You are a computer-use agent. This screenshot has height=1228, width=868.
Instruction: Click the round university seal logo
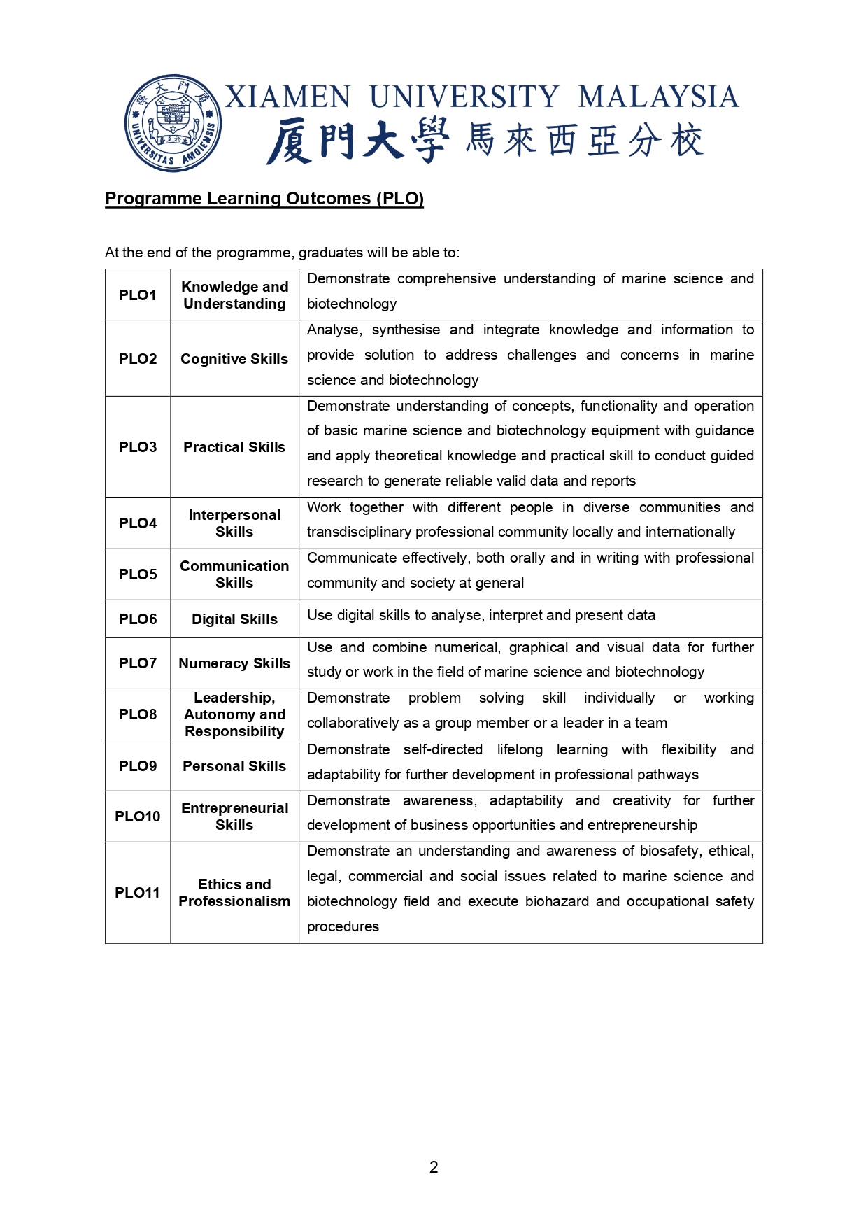[173, 123]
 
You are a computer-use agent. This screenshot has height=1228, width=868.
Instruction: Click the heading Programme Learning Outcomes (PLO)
[264, 199]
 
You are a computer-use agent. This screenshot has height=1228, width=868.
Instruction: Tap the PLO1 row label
[138, 295]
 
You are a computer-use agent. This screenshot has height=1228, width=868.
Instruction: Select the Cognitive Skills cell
[234, 359]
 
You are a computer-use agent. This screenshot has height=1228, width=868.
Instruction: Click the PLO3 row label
[138, 447]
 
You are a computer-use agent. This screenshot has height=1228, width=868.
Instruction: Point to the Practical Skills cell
[234, 447]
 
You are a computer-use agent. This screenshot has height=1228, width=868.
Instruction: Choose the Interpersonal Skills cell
[234, 523]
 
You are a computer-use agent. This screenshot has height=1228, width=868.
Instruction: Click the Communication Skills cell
[234, 574]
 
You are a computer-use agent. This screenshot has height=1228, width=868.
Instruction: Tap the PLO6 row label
[138, 619]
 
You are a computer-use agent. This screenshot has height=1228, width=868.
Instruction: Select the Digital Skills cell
[234, 619]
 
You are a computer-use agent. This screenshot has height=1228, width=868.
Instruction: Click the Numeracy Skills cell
[234, 663]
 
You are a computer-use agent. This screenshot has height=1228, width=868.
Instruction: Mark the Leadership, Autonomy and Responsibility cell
[234, 714]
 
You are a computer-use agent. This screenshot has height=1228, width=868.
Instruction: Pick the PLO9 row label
[138, 766]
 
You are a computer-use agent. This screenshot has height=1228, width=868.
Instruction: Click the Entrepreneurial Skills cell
[234, 817]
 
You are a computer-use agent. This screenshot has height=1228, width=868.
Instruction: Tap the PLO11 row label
[138, 893]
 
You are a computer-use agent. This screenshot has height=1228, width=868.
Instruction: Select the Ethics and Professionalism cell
[234, 893]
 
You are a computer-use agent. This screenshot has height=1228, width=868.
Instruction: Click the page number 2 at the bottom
[434, 1167]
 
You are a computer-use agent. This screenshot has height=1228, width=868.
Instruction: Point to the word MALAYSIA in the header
[658, 97]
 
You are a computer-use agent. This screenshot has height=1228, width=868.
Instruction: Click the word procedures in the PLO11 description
[343, 926]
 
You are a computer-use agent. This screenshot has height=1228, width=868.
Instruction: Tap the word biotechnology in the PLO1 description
[352, 304]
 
